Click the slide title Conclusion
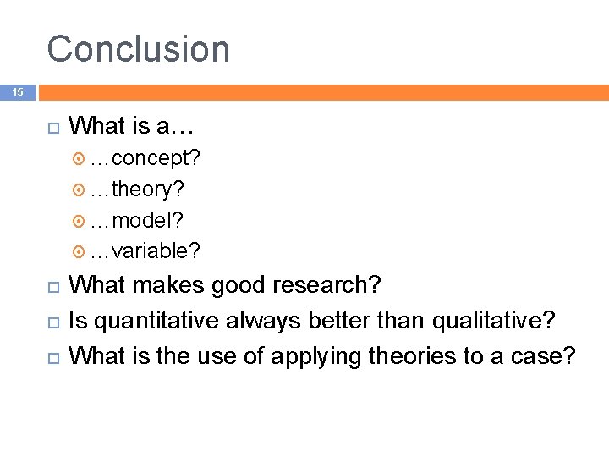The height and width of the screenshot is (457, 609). tap(138, 49)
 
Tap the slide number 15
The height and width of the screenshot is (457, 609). tap(18, 91)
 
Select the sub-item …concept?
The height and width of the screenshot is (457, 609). tap(145, 158)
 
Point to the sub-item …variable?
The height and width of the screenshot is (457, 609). tap(145, 251)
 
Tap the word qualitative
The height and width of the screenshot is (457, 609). tap(488, 321)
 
